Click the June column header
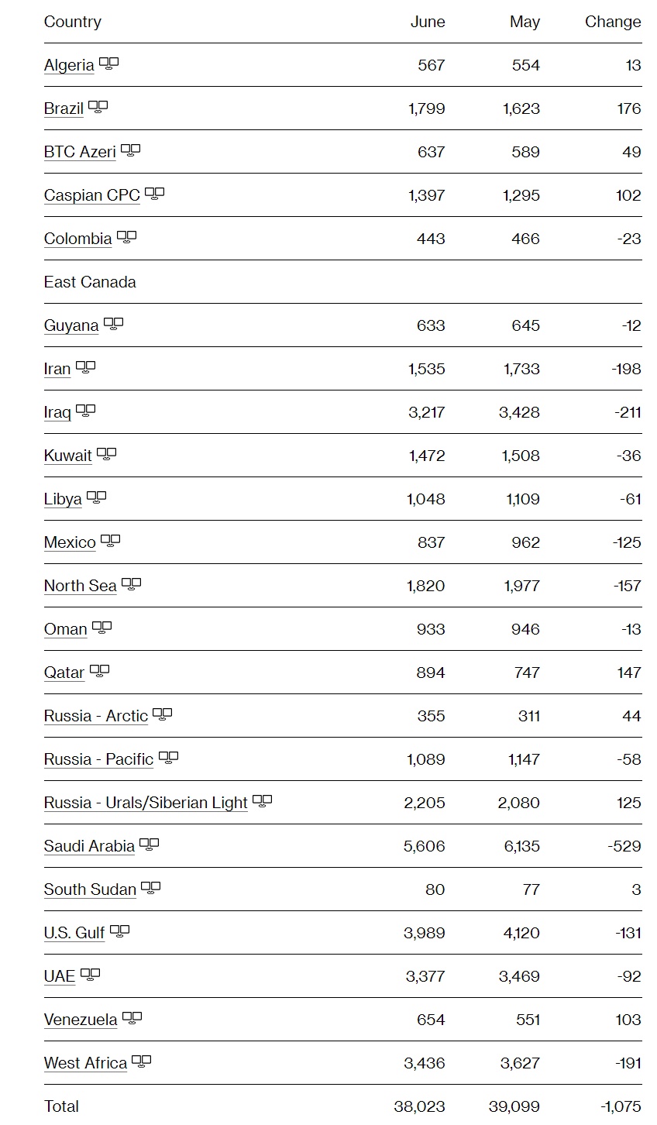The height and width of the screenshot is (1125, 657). coord(428,22)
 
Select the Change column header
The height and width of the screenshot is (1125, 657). coord(612,22)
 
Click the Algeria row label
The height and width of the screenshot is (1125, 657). coord(69,65)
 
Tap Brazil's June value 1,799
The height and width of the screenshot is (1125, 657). coord(427,108)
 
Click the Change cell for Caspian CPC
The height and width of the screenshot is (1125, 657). coord(628,195)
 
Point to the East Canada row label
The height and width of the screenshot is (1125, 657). coord(90,282)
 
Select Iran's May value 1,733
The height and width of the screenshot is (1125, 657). coord(521,369)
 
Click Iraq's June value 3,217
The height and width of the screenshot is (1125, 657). coord(427,412)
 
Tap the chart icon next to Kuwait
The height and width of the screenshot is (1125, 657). coord(107,454)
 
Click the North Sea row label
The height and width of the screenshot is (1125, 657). coord(80,586)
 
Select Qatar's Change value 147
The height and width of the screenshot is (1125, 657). coord(629,673)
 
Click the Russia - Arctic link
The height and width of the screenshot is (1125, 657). coord(96,716)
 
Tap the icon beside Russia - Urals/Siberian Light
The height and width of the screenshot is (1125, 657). coord(263,801)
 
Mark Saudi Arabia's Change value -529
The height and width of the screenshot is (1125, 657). coord(624,846)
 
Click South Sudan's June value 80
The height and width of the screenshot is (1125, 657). coord(435,889)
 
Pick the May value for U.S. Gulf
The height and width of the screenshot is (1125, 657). coord(521,933)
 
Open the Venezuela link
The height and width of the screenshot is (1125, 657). coord(81,1020)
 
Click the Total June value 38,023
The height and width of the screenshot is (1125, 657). coord(419,1106)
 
